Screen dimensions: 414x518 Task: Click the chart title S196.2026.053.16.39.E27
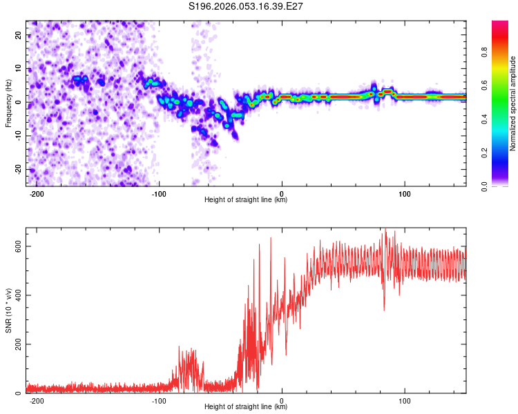[247, 6]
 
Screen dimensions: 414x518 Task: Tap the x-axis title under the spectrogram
[246, 200]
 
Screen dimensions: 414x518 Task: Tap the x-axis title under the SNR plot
[246, 407]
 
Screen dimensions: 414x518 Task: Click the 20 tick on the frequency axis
[19, 34]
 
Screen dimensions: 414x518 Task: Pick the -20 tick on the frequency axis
[17, 169]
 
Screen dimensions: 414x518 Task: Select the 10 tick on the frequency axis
[19, 68]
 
